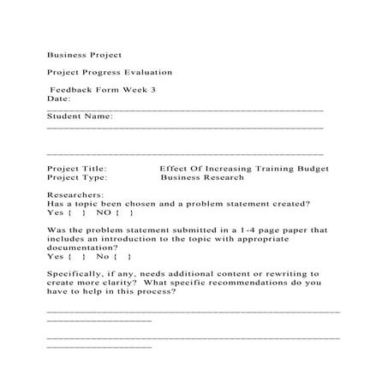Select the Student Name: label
point(79,116)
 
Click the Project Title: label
point(76,169)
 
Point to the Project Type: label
point(76,178)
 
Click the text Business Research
point(201,178)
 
